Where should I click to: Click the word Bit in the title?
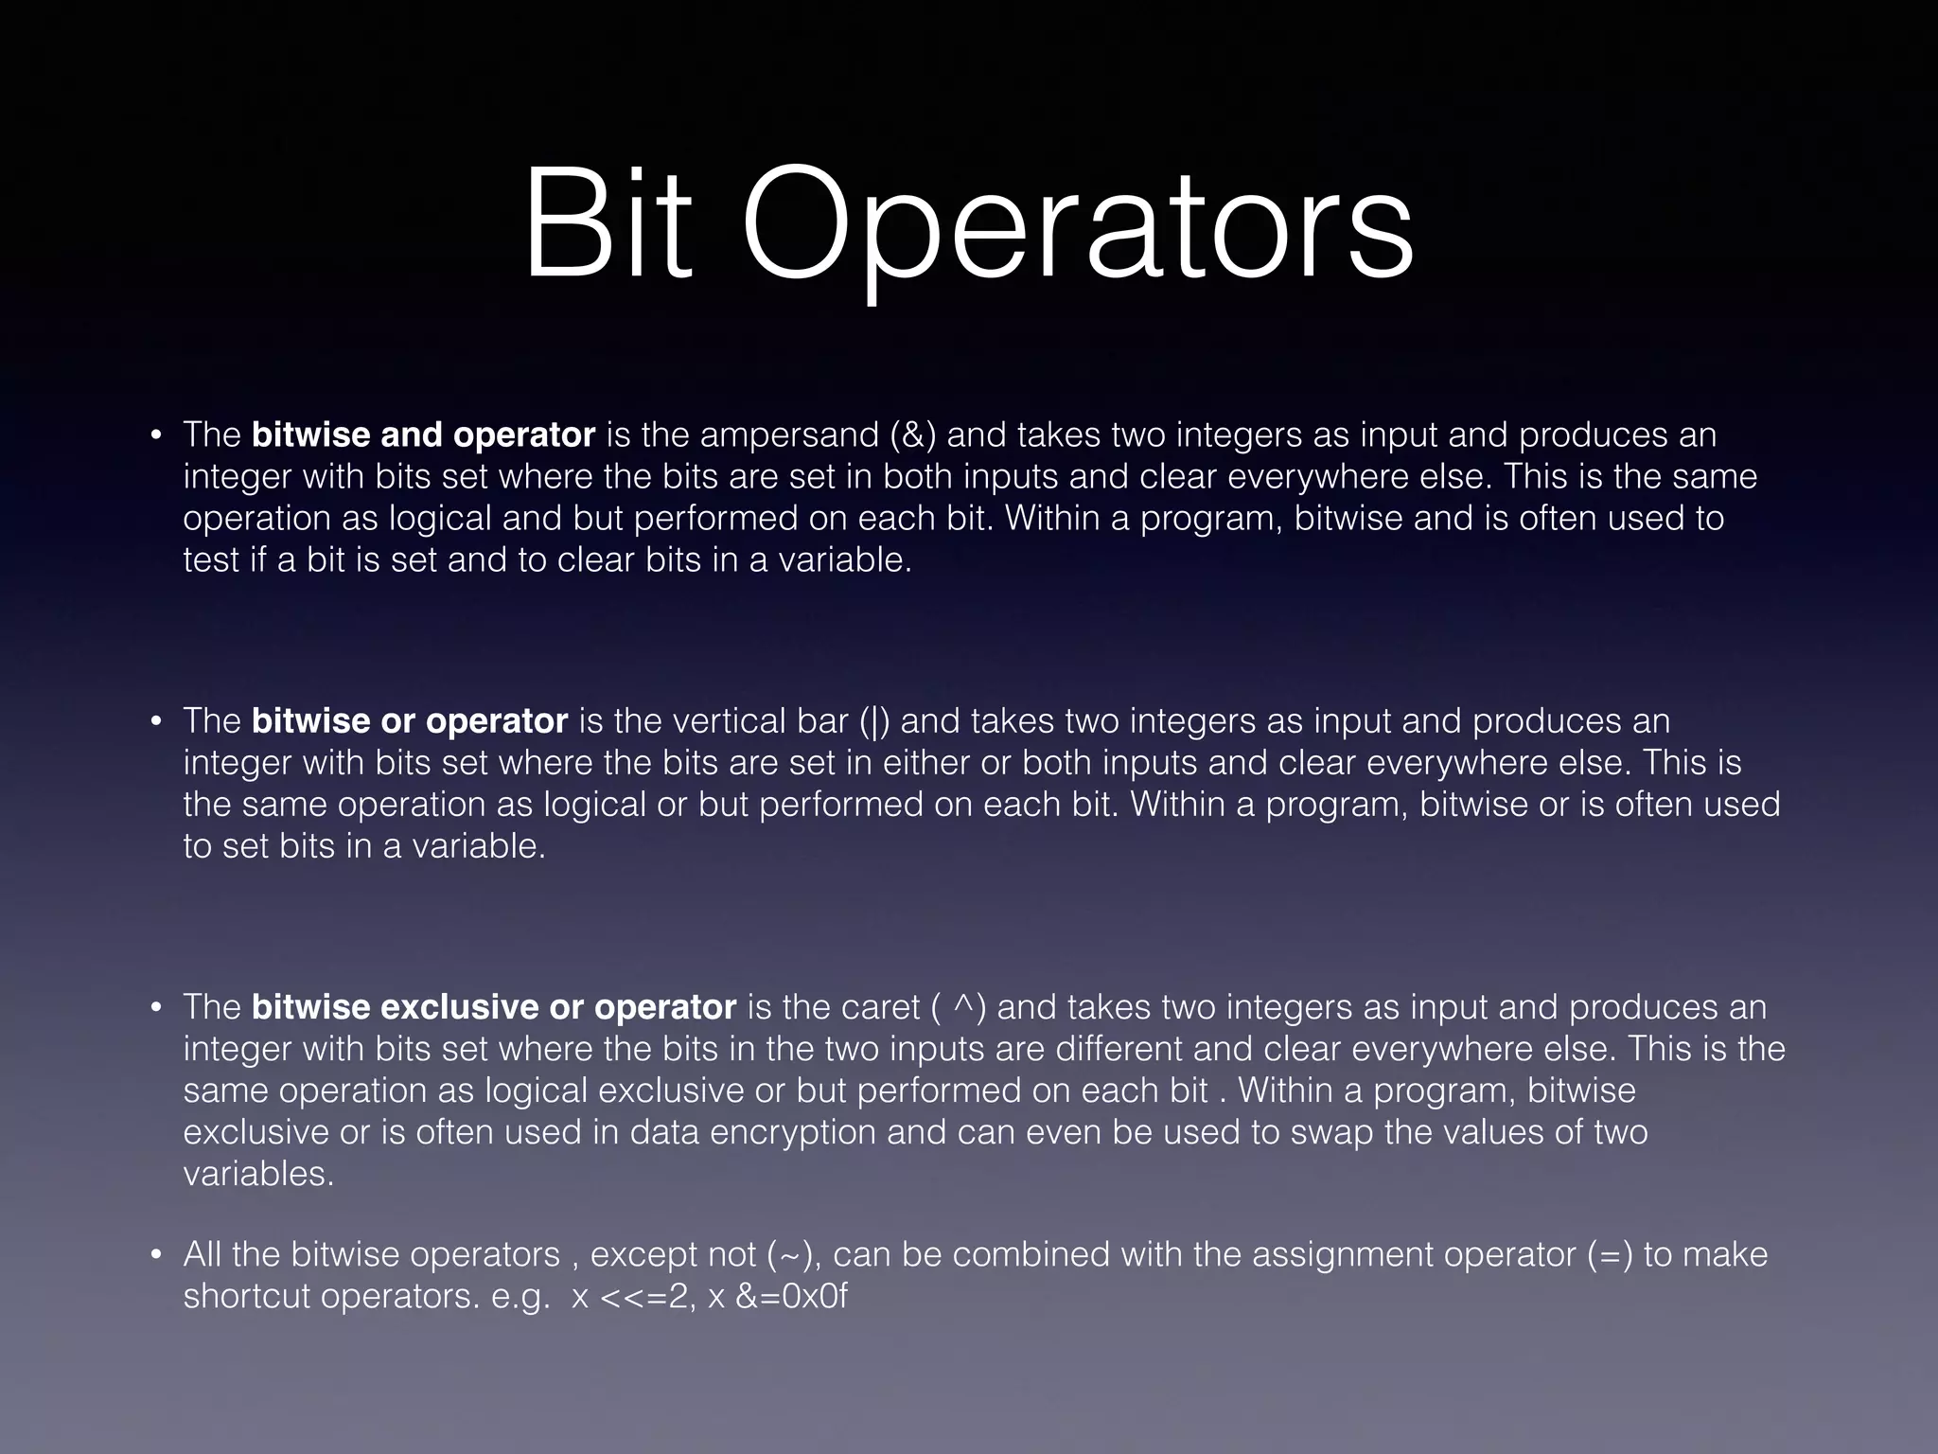pos(607,227)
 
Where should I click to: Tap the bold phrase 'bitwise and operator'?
pos(423,434)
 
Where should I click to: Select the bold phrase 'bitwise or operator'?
pos(410,720)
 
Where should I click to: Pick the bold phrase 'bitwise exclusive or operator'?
pos(494,1006)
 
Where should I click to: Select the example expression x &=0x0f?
pos(778,1296)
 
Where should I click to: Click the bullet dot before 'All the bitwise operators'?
pos(156,1256)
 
